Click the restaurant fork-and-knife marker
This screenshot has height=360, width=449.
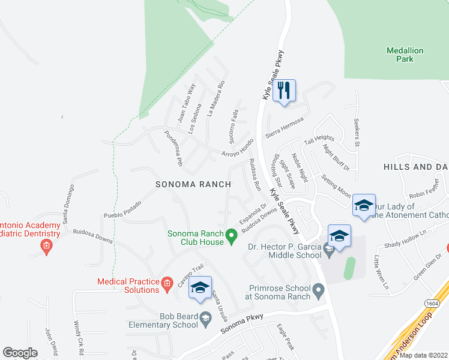[x=284, y=91]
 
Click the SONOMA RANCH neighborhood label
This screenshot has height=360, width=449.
[x=193, y=185]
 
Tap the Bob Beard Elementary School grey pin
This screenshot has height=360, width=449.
[x=206, y=318]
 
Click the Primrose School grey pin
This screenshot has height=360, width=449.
[x=319, y=292]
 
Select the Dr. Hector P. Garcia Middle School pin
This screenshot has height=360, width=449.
[x=328, y=248]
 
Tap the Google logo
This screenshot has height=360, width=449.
[x=20, y=353]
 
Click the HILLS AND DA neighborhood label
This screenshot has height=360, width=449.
[x=416, y=167]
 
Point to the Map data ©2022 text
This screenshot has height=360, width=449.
[x=423, y=355]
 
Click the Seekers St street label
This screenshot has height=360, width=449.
[x=356, y=131]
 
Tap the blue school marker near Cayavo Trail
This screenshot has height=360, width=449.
[x=200, y=288]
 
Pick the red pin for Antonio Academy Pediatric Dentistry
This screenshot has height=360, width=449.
[x=46, y=245]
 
